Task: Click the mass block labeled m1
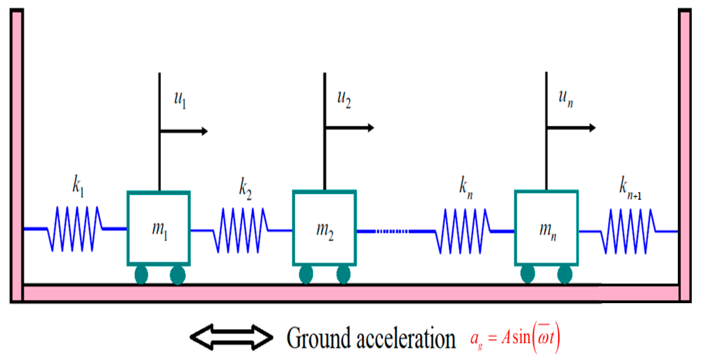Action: (159, 228)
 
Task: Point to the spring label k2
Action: (245, 188)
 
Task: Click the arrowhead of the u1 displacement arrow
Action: (204, 131)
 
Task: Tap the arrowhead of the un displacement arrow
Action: (592, 128)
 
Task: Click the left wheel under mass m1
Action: (141, 275)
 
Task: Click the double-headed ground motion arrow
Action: (232, 337)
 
